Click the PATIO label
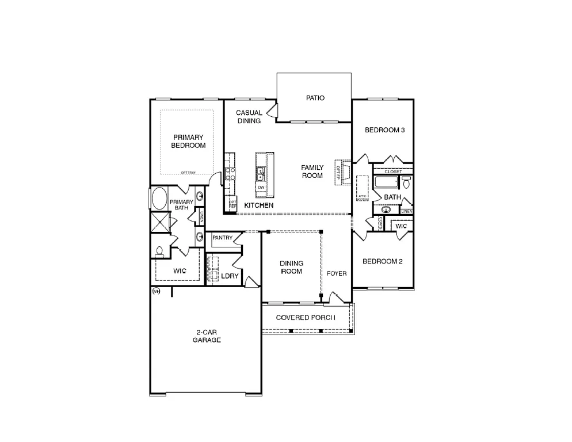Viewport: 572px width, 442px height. tap(315, 98)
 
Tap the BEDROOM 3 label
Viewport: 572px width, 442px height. tap(385, 130)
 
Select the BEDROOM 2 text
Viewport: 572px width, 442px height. tap(382, 261)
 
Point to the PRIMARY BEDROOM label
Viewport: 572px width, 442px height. tap(188, 142)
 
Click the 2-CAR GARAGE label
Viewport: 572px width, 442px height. tap(207, 336)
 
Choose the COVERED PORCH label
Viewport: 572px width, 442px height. tap(305, 318)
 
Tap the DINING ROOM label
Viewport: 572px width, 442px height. tap(291, 268)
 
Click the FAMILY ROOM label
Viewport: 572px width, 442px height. tap(312, 172)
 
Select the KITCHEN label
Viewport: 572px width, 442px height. tap(258, 205)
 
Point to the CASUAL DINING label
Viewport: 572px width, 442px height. tap(249, 117)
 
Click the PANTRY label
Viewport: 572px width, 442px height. tap(222, 238)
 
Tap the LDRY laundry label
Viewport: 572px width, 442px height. tap(230, 276)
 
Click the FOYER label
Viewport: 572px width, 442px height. tap(337, 273)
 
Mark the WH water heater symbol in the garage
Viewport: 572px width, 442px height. tap(155, 292)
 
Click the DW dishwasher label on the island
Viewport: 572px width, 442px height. tap(261, 188)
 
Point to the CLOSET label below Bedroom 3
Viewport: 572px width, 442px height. tap(393, 172)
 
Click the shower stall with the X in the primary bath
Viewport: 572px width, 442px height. tap(161, 222)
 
